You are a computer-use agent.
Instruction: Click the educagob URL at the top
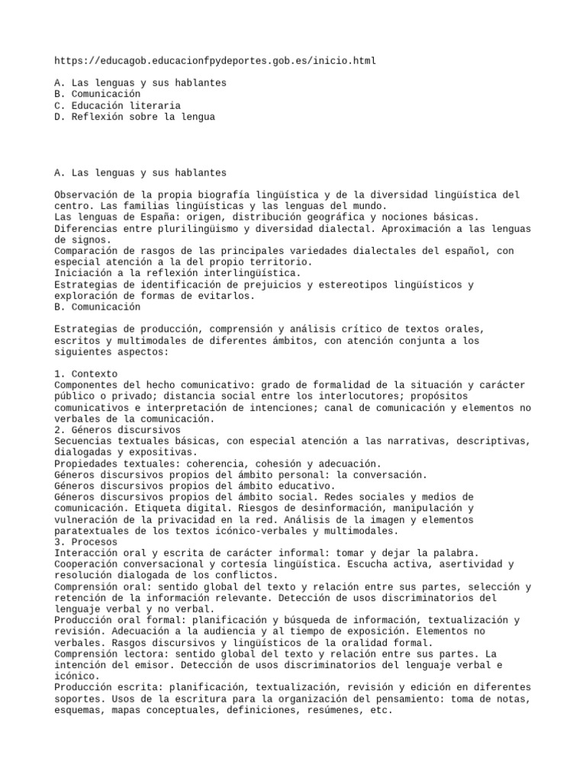point(216,59)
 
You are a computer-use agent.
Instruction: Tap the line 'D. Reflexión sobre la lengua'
point(135,117)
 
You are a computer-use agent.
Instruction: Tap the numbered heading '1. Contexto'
point(86,374)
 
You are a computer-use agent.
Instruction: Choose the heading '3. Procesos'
point(86,542)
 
